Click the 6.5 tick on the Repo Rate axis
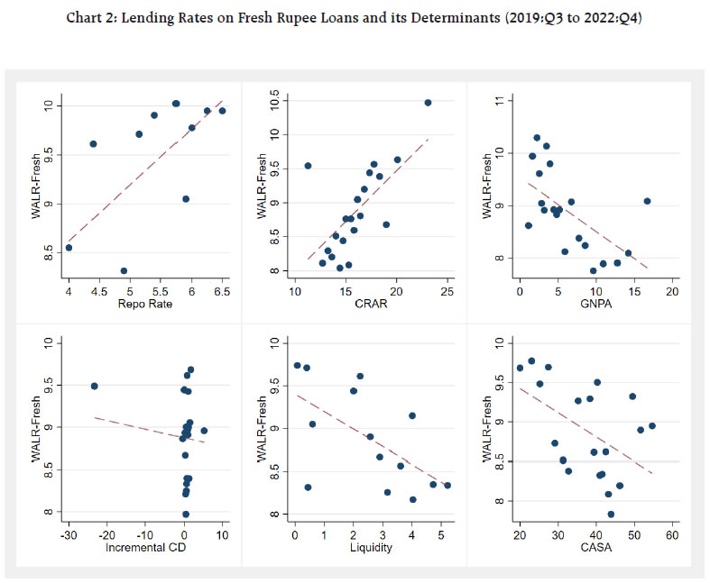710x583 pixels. point(222,293)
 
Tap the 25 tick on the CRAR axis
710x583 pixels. point(447,293)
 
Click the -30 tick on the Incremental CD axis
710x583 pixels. point(69,534)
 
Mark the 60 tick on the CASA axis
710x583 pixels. point(671,534)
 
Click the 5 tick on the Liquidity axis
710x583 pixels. point(441,534)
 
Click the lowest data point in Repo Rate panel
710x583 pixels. point(124,270)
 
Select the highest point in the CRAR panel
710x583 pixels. point(428,103)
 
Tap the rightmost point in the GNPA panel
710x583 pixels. point(647,201)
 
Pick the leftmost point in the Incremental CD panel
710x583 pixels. point(94,386)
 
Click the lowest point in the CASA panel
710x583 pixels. point(611,515)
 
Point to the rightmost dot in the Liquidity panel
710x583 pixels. point(447,485)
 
